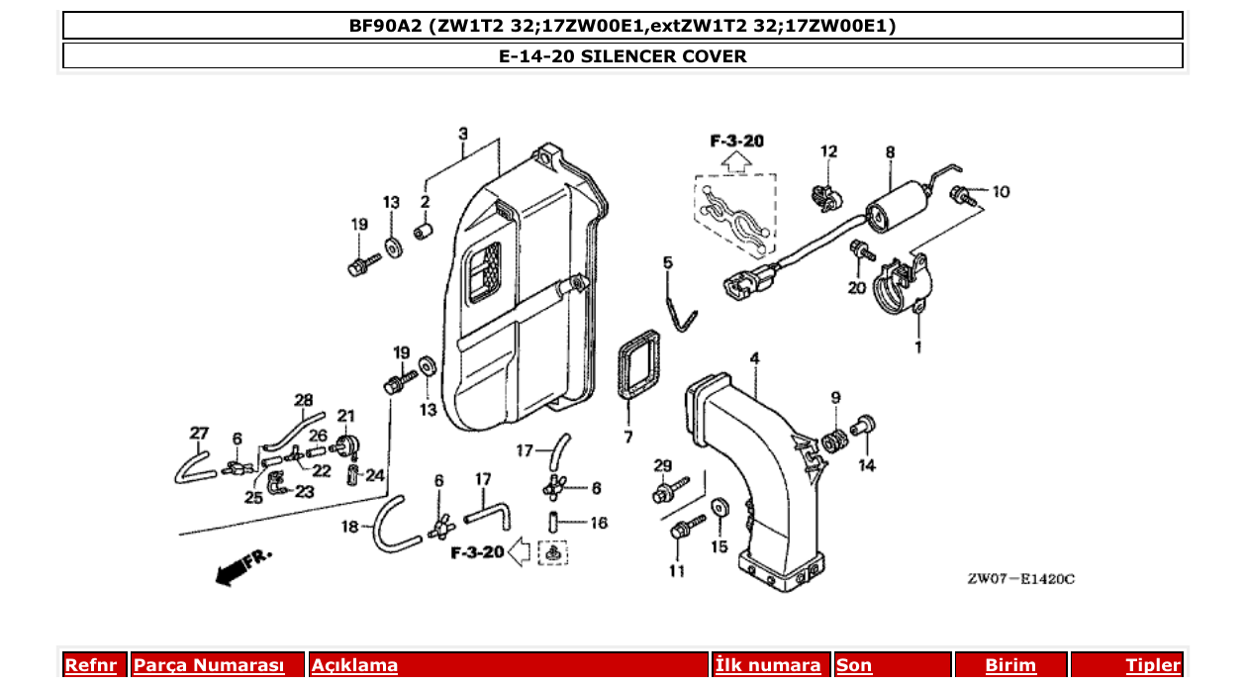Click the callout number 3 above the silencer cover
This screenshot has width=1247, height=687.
463,134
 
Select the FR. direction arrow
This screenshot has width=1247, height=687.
242,566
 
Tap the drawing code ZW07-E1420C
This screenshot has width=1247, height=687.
1020,578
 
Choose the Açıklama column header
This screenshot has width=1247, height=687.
354,665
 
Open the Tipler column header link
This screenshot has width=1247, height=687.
1152,665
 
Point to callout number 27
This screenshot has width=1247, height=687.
199,433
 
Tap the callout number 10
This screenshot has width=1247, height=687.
1001,191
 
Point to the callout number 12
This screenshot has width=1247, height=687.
828,151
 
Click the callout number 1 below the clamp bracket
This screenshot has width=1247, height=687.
917,346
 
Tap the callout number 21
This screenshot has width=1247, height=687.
345,416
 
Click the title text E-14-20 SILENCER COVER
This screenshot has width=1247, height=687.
623,56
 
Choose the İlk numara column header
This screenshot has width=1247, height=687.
767,665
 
